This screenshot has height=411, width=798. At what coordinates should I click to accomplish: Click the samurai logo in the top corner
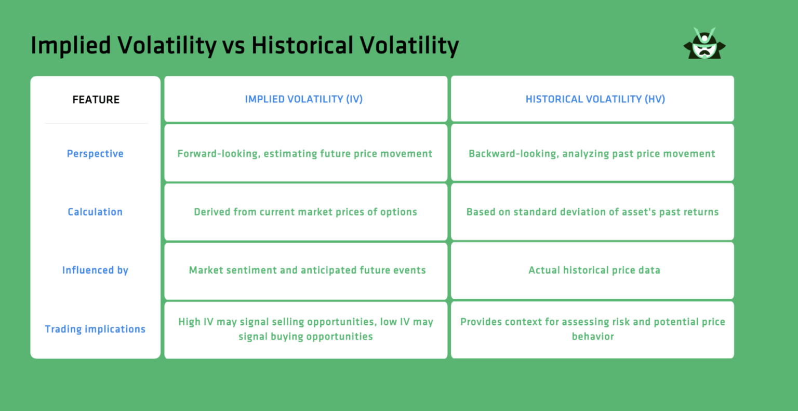click(704, 44)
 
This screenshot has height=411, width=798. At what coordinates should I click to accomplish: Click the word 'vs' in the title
click(233, 46)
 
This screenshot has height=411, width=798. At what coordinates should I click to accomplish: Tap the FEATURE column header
click(96, 100)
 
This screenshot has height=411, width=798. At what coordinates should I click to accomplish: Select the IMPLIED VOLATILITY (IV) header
click(304, 99)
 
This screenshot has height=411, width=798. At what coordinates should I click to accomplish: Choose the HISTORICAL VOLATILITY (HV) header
click(595, 99)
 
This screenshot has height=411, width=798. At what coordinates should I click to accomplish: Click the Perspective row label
click(95, 154)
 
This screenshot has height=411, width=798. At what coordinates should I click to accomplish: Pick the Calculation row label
click(95, 212)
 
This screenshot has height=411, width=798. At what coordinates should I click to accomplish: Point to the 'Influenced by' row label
click(95, 270)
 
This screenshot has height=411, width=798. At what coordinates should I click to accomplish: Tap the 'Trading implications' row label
click(95, 329)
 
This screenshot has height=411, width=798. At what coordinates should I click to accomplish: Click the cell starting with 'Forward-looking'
click(305, 154)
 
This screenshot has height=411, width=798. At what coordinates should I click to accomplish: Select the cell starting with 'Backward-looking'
click(592, 154)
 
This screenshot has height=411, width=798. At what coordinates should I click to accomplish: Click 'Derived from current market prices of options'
click(305, 212)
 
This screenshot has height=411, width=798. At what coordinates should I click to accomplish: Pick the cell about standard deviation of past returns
click(592, 212)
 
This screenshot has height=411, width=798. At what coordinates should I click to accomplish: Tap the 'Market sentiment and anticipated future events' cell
click(307, 270)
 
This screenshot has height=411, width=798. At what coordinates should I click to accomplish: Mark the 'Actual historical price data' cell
click(594, 270)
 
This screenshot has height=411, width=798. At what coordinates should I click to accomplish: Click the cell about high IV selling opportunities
click(305, 329)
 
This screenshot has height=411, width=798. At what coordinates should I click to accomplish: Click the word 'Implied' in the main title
click(71, 46)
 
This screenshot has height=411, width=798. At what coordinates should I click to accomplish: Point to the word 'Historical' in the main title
click(303, 46)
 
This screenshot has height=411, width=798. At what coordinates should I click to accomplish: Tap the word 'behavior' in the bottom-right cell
click(593, 337)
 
